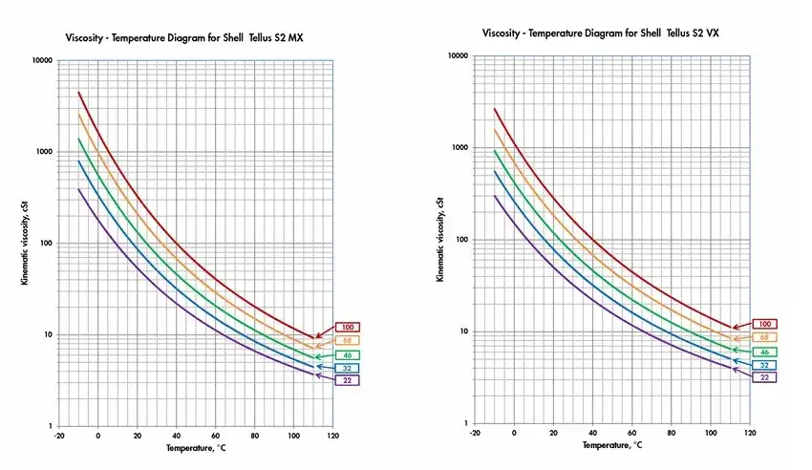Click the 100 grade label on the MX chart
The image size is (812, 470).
347,327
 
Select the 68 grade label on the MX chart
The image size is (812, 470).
347,340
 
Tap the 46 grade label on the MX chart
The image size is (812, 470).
347,354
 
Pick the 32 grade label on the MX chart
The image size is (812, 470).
347,368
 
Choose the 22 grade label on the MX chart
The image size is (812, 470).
347,380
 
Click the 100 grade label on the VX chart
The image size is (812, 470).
763,325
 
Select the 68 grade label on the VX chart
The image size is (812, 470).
763,337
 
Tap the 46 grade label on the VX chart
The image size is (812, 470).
763,352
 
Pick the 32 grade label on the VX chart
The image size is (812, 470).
763,365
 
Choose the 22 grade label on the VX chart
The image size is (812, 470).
763,377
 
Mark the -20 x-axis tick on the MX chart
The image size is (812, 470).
58,436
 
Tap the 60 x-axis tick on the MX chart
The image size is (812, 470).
215,436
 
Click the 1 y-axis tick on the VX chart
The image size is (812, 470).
463,423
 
